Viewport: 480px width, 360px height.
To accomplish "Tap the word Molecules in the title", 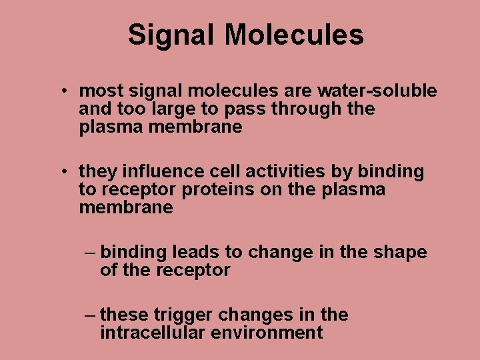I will [294, 35].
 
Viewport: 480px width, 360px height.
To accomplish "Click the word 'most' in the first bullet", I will [98, 91].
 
